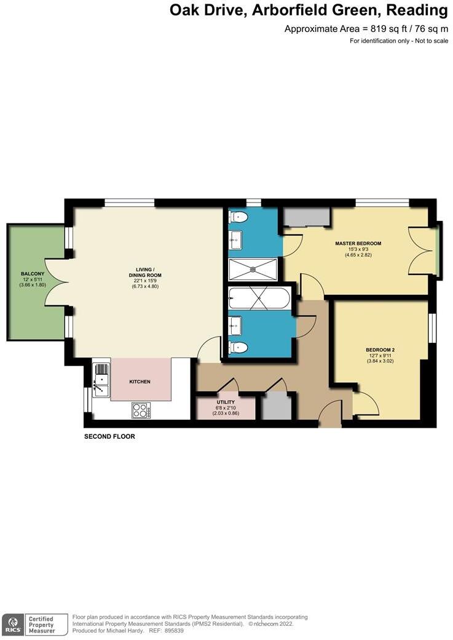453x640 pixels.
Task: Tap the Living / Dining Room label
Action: pos(145,271)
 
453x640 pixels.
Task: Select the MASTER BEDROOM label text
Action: pos(358,243)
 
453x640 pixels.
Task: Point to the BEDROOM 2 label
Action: pos(380,350)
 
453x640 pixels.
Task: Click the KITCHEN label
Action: pos(140,382)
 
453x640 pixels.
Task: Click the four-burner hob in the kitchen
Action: pos(141,409)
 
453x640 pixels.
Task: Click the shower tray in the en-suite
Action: pos(253,269)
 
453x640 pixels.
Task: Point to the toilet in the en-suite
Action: pos(238,217)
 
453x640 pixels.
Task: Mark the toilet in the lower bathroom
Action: pos(238,348)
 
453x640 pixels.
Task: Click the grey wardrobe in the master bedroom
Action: pos(307,217)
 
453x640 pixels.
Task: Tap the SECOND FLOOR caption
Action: pos(109,436)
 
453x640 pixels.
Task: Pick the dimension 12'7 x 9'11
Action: pos(380,356)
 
